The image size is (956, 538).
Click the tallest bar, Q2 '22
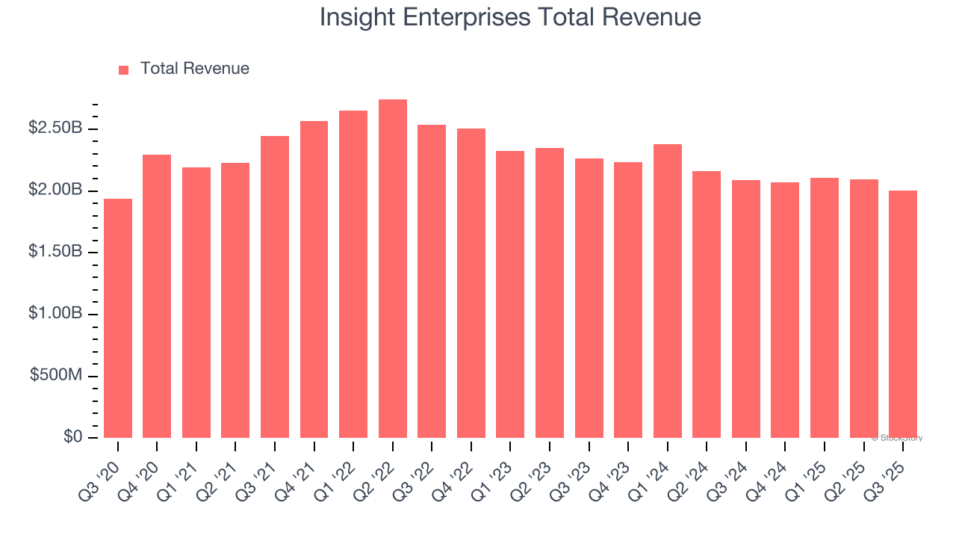pyautogui.click(x=393, y=269)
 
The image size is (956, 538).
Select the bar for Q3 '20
pyautogui.click(x=118, y=318)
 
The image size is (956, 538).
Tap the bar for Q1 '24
pyautogui.click(x=667, y=291)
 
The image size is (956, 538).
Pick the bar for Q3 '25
pyautogui.click(x=903, y=314)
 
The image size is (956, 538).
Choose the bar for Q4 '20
pyautogui.click(x=157, y=296)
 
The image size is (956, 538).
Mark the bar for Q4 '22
pyautogui.click(x=471, y=283)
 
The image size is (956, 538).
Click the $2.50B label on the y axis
pyautogui.click(x=55, y=129)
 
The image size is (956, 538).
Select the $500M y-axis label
pyautogui.click(x=56, y=375)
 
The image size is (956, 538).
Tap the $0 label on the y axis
pyautogui.click(x=72, y=436)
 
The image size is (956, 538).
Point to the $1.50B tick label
pyautogui.click(x=55, y=252)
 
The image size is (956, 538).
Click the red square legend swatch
pyautogui.click(x=124, y=69)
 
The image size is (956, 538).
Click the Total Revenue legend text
pyautogui.click(x=194, y=69)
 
